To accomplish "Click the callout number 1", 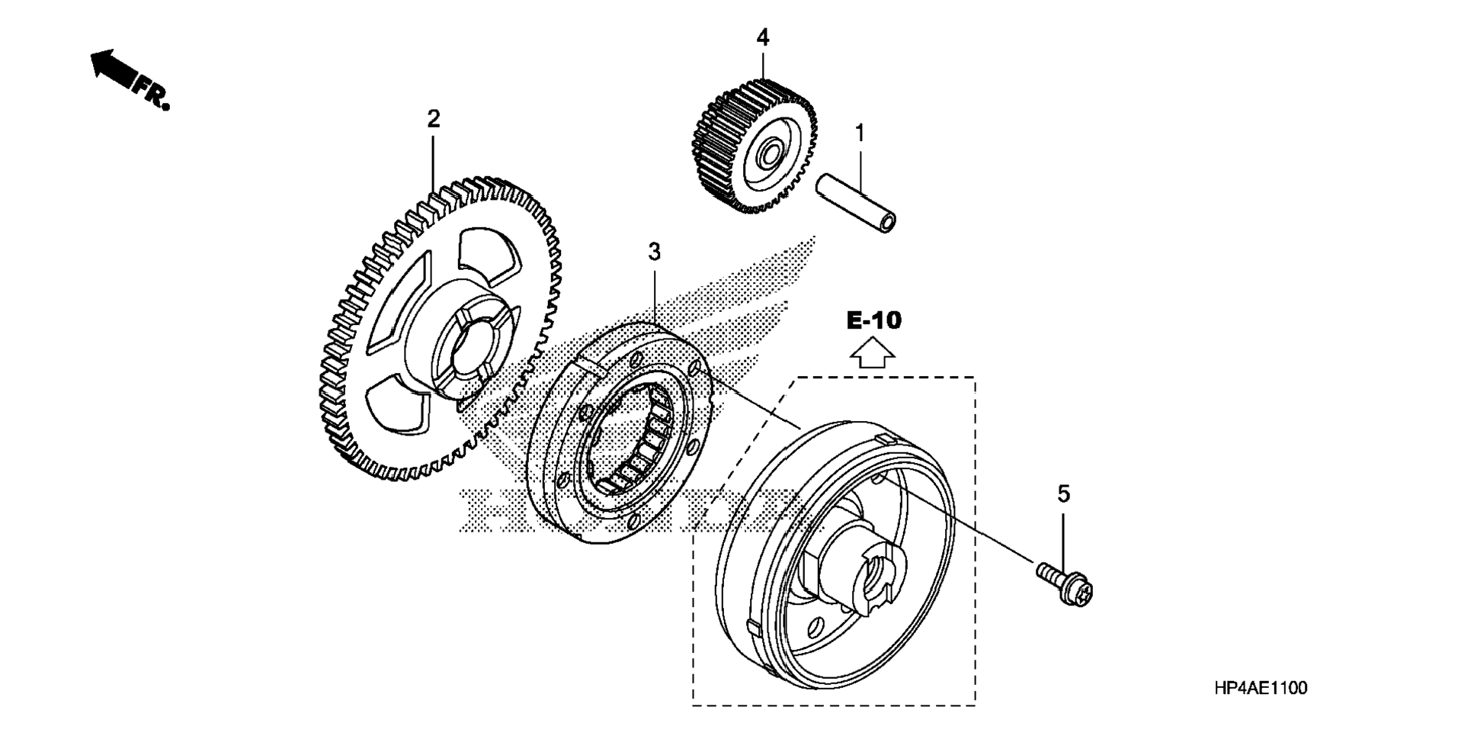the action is pos(860,133).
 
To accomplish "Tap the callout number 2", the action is pos(434,119).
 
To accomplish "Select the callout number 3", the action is pos(655,252).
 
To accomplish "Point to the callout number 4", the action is pos(763,37).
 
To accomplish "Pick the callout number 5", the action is pos(1064,494).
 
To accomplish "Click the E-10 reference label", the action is pos(873,320).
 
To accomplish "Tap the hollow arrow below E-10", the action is pos(873,354).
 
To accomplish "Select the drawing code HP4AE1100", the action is pos(1261,688).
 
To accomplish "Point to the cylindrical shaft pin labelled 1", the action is pos(856,204).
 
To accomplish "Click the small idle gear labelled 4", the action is pos(755,145).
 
